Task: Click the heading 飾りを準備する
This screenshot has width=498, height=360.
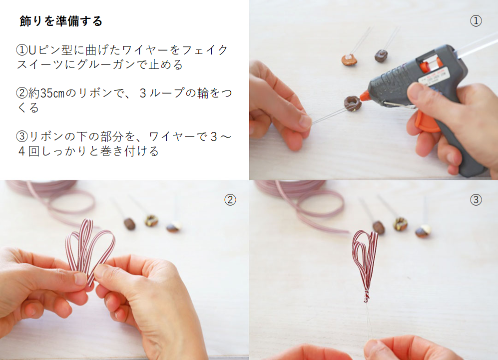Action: coord(60,21)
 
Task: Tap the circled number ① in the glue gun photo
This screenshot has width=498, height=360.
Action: coord(476,21)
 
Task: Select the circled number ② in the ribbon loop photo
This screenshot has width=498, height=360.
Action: coord(230,199)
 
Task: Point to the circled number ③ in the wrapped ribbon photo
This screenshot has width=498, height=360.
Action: coord(476,199)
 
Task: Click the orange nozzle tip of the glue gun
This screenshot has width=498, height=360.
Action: coord(364,95)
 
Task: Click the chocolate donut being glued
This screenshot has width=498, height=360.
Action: coord(352,103)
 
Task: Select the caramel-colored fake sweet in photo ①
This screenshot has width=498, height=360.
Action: coord(349,59)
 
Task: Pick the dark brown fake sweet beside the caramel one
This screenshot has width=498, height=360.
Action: coord(381,55)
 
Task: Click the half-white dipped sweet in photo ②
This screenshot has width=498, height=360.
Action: coord(173,227)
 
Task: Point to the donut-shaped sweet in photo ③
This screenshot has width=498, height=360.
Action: coord(401,223)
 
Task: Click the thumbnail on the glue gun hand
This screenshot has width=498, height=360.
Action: coord(415,94)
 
